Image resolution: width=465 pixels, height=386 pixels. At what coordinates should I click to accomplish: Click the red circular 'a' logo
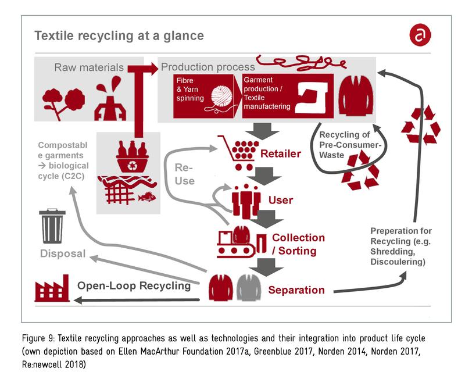(x=420, y=35)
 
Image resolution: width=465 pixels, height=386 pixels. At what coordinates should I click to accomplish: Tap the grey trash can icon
(x=52, y=226)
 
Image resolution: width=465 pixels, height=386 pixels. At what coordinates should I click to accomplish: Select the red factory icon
(x=52, y=288)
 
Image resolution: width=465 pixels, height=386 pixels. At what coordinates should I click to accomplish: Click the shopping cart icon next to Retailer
(x=238, y=152)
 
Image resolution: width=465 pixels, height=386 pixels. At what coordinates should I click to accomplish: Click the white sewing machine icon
(x=312, y=97)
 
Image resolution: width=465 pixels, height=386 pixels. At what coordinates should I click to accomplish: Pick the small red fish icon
(x=148, y=196)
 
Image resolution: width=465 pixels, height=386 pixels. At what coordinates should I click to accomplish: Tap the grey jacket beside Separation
(x=249, y=288)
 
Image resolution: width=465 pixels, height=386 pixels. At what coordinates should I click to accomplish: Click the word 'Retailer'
(x=281, y=153)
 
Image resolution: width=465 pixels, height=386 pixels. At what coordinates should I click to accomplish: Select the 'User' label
(x=281, y=200)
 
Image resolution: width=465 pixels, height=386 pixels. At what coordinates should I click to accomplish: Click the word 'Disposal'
(x=63, y=253)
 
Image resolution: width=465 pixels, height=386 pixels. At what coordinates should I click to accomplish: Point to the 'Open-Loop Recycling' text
(x=134, y=285)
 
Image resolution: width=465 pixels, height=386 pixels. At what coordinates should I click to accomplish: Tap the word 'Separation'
(x=296, y=290)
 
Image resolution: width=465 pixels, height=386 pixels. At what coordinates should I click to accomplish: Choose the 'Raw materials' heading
(x=89, y=67)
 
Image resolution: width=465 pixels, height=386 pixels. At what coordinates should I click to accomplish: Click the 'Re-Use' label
(x=184, y=174)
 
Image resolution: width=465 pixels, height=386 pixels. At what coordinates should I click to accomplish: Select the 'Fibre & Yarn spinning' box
(x=203, y=96)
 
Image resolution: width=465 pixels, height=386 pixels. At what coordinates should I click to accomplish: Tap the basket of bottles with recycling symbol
(x=133, y=157)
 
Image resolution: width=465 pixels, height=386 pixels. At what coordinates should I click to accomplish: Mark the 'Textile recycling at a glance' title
(x=119, y=35)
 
